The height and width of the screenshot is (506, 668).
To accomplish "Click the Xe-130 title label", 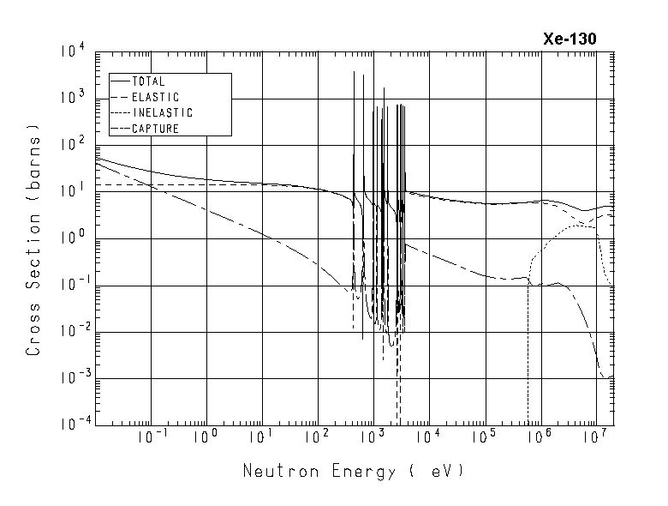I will click(x=570, y=39).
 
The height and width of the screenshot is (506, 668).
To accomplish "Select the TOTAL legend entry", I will click(x=148, y=81).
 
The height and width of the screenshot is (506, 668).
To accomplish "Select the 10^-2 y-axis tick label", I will click(x=69, y=331).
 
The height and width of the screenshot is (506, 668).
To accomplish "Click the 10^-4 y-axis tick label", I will click(x=69, y=425).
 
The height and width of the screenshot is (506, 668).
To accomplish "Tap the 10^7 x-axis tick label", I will click(x=597, y=438).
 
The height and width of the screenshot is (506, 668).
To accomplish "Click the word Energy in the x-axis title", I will click(x=361, y=472).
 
